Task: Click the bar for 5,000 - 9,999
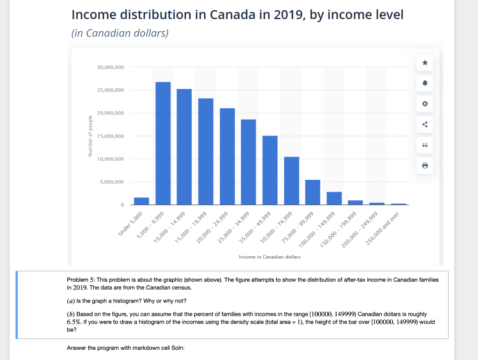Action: pyautogui.click(x=163, y=143)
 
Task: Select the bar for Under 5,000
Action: pyautogui.click(x=141, y=201)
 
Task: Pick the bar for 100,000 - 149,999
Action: pyautogui.click(x=334, y=198)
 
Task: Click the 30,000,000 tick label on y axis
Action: pyautogui.click(x=111, y=67)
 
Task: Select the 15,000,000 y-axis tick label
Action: pyautogui.click(x=111, y=136)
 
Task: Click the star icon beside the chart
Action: pyautogui.click(x=425, y=63)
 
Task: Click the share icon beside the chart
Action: pyautogui.click(x=425, y=124)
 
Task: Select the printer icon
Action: pyautogui.click(x=425, y=165)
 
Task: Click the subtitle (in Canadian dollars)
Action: pyautogui.click(x=120, y=34)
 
